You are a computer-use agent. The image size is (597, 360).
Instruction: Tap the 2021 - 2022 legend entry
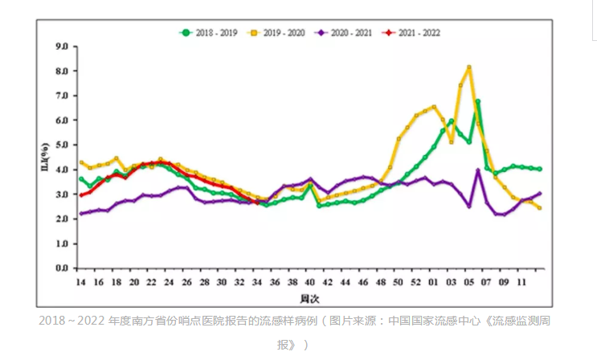click(416, 33)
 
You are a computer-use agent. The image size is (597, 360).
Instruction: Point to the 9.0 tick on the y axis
click(62, 46)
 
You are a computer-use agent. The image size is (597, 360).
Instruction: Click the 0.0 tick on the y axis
click(62, 268)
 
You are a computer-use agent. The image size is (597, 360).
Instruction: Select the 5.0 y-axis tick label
click(62, 145)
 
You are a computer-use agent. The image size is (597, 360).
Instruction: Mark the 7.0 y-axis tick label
click(62, 96)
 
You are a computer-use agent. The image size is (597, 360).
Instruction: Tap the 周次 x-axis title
click(309, 298)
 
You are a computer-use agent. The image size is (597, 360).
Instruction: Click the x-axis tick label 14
click(80, 282)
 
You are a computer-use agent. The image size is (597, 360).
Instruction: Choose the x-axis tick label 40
click(310, 282)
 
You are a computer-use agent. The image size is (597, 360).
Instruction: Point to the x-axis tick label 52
click(416, 282)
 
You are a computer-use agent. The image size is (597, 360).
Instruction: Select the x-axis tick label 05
click(469, 282)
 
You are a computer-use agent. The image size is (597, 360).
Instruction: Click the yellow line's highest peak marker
click(469, 67)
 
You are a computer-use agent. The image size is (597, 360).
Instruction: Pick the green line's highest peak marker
click(478, 102)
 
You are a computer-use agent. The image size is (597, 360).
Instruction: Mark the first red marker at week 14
click(81, 195)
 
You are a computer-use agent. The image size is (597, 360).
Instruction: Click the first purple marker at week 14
click(81, 214)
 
